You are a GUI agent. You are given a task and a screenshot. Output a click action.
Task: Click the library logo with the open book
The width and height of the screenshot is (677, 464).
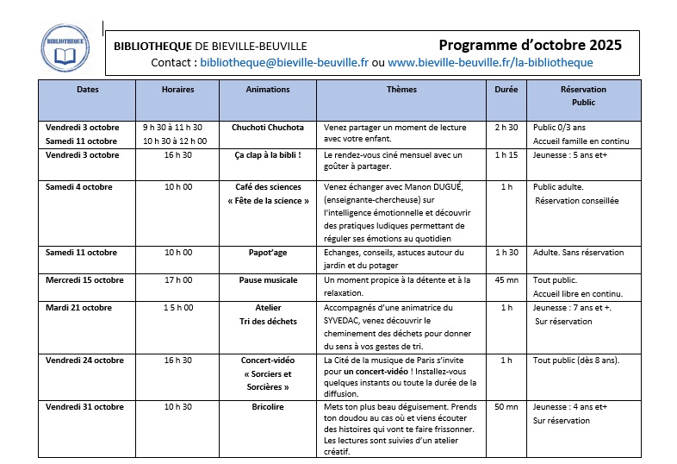(65, 49)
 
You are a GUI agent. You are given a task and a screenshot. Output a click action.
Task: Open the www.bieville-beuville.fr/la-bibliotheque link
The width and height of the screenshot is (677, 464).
(490, 63)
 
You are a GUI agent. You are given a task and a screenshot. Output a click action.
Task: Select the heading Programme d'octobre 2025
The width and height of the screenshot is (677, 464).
(530, 45)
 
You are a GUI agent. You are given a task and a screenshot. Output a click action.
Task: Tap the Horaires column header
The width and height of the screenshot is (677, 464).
(177, 90)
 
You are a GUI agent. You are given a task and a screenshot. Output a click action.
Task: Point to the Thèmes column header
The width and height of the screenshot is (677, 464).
(401, 90)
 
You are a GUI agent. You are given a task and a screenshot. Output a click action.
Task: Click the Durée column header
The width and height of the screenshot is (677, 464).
(506, 90)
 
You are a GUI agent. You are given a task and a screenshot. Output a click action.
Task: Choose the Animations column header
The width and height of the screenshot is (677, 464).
(268, 90)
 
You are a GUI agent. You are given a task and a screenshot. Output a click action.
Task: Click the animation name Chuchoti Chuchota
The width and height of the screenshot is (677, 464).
(268, 128)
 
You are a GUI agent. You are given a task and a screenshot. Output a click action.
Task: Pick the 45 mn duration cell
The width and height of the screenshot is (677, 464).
(506, 280)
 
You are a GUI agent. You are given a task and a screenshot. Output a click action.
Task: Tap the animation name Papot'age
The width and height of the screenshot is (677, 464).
(268, 253)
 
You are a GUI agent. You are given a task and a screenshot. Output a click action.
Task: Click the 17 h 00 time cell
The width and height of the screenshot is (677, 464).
(178, 280)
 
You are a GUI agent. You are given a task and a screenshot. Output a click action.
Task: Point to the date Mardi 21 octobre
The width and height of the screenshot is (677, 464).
(79, 308)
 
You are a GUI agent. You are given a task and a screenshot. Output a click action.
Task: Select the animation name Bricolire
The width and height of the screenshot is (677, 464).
(268, 407)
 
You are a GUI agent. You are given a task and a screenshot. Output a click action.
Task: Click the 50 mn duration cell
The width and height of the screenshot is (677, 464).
(506, 407)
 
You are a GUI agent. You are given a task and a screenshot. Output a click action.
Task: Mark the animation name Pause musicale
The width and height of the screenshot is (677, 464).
(268, 280)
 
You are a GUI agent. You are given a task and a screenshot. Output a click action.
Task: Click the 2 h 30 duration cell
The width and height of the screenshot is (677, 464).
(506, 128)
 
